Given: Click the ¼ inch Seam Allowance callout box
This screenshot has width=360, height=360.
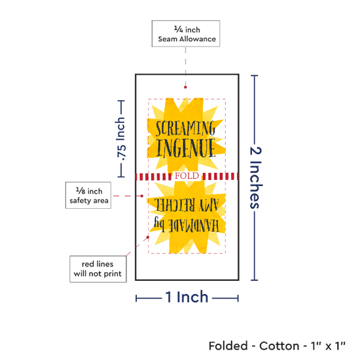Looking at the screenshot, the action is point(186,33).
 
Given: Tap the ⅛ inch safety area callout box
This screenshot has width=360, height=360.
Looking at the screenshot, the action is point(88,196).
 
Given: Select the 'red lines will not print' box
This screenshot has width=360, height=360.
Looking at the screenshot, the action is point(98,269).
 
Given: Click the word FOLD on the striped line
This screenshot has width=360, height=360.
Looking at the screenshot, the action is point(187,176).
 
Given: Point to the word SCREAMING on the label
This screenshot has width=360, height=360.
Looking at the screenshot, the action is point(185,128).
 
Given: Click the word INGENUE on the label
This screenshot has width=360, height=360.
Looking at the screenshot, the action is point(186,148).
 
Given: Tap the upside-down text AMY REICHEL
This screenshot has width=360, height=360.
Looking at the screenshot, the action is point(187,205).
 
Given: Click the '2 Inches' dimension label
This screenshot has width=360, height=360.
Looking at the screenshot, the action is point(255,177).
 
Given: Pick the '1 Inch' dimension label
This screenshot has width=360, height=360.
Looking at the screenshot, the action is point(187,297).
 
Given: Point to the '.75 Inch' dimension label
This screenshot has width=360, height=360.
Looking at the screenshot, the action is point(120,139).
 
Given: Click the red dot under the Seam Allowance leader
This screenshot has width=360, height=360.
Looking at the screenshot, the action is point(185,87).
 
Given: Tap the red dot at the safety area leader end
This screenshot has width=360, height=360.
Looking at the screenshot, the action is point(142,196).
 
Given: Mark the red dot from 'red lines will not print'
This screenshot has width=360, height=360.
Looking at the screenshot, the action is point(148,237).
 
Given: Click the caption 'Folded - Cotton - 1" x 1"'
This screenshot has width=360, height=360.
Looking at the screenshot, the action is point(277,346).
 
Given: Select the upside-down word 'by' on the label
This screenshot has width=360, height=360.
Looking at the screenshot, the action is point(159,223).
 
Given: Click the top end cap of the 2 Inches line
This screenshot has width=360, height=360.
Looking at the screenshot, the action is point(255,75).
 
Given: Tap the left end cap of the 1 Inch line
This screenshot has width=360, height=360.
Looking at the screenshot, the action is point(136,298).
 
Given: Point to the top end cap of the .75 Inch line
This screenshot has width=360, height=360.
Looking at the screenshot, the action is point(121,101).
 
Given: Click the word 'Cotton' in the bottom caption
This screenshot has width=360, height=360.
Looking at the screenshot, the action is point(279,346).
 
